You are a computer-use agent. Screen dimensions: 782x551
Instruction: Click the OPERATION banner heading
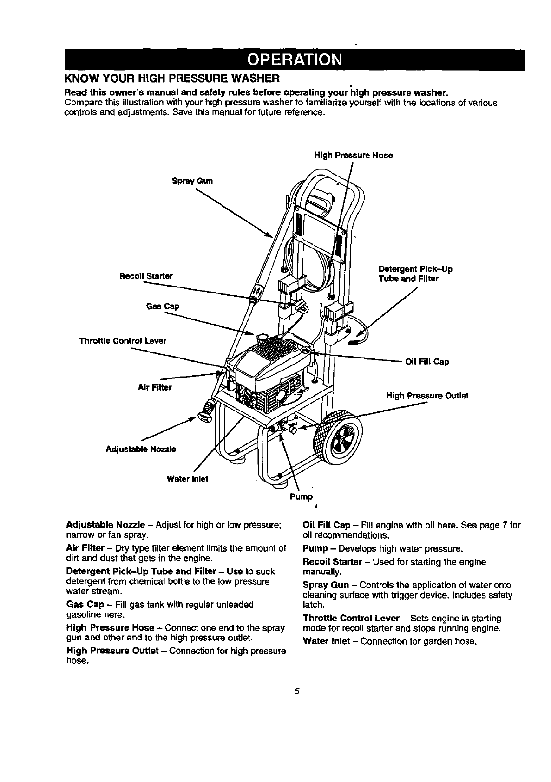(295, 60)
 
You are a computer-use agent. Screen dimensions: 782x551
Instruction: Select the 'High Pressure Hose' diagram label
(353, 156)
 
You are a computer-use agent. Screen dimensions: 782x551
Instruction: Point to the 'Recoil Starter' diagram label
(146, 276)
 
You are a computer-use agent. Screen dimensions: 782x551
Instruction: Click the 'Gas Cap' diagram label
(163, 306)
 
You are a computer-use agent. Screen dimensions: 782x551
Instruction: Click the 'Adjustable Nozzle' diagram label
(141, 449)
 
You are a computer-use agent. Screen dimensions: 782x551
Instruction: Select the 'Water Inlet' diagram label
(187, 479)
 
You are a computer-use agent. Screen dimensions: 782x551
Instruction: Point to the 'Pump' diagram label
(301, 497)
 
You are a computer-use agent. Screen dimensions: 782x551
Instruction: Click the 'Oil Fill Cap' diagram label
(427, 362)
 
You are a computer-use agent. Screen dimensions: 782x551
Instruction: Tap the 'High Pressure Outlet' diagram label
(427, 396)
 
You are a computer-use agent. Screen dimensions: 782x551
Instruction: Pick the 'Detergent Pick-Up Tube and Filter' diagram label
(415, 274)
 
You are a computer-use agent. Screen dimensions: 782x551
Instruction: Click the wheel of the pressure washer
(338, 437)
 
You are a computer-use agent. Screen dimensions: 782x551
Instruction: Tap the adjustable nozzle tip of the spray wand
(205, 411)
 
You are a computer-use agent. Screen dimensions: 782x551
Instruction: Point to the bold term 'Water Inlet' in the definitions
(326, 641)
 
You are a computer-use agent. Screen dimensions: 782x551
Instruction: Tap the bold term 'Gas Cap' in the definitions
(85, 605)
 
